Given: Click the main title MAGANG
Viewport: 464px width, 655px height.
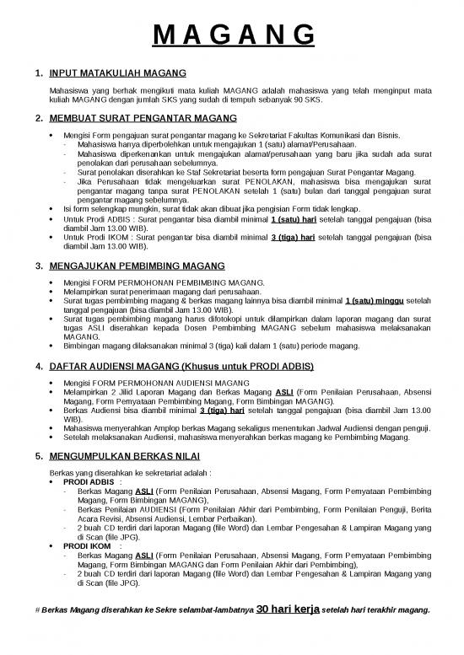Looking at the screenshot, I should click(x=232, y=36).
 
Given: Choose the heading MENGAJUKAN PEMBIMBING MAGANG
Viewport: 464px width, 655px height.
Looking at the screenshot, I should click(x=137, y=266).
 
